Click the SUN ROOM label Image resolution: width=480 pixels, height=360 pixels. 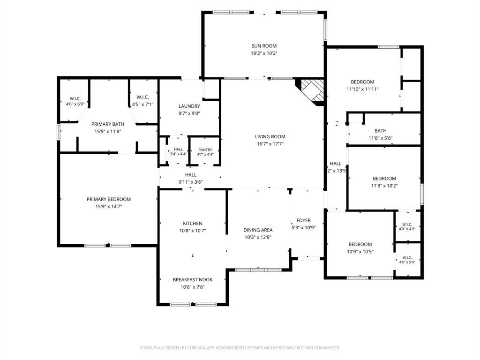click(264, 46)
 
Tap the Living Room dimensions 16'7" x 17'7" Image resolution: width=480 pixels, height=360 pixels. click(270, 144)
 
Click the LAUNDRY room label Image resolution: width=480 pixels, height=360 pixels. click(189, 106)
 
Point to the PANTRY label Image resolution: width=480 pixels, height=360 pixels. click(205, 150)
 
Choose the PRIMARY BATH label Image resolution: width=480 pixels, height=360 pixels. click(108, 124)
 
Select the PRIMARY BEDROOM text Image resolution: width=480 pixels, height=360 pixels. click(109, 199)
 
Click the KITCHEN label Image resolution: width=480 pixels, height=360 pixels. click(193, 224)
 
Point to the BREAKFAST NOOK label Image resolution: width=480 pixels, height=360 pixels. click(193, 280)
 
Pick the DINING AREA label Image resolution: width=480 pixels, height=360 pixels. click(258, 230)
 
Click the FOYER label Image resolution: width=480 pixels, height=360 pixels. click(303, 220)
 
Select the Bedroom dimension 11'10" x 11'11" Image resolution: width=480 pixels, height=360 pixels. click(362, 90)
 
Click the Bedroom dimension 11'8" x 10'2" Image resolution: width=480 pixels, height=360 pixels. click(384, 186)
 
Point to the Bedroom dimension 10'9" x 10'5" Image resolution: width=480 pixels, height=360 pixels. click(360, 252)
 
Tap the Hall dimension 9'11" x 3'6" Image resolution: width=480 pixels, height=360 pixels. click(191, 182)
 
